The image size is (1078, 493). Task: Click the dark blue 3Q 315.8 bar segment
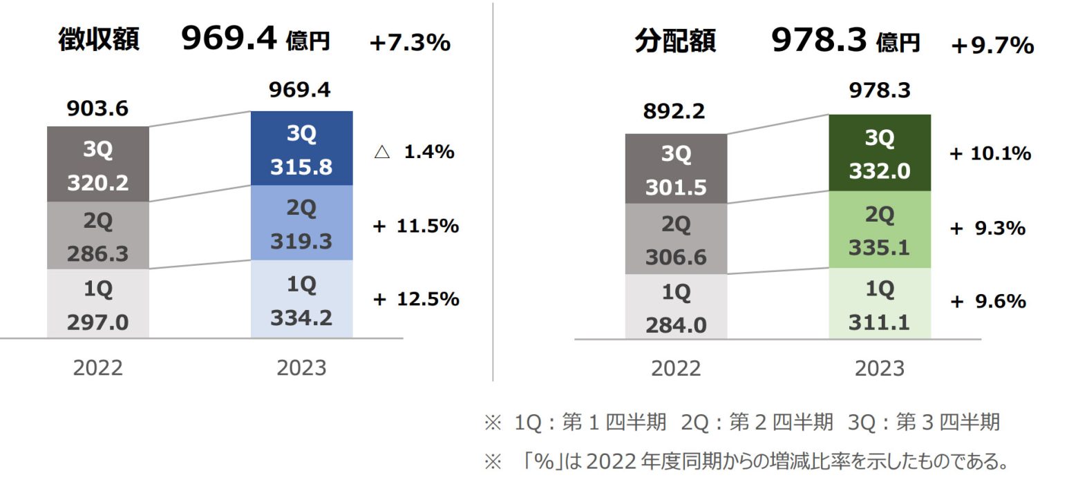point(301,148)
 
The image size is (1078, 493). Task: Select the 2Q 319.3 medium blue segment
point(301,223)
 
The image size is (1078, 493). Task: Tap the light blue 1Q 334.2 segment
point(301,299)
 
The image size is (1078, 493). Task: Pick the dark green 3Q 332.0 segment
point(879,152)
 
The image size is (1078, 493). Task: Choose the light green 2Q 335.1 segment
point(879,229)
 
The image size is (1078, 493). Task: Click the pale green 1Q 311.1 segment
point(879,303)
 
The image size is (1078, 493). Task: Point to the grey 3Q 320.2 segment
point(98,164)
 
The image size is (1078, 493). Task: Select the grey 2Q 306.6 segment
point(676,239)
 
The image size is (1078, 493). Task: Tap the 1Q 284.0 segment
point(676,307)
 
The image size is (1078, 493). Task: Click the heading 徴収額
point(98,41)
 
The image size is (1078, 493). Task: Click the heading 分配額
point(675,42)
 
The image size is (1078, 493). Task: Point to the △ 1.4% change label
point(414,153)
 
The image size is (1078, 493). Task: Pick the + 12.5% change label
point(416,299)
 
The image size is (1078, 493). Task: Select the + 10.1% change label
point(990,154)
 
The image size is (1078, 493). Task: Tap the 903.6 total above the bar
point(98,109)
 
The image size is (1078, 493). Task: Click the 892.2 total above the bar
point(675,111)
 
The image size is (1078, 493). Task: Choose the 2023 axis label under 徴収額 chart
point(301,368)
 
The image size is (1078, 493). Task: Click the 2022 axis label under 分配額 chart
point(675,369)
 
